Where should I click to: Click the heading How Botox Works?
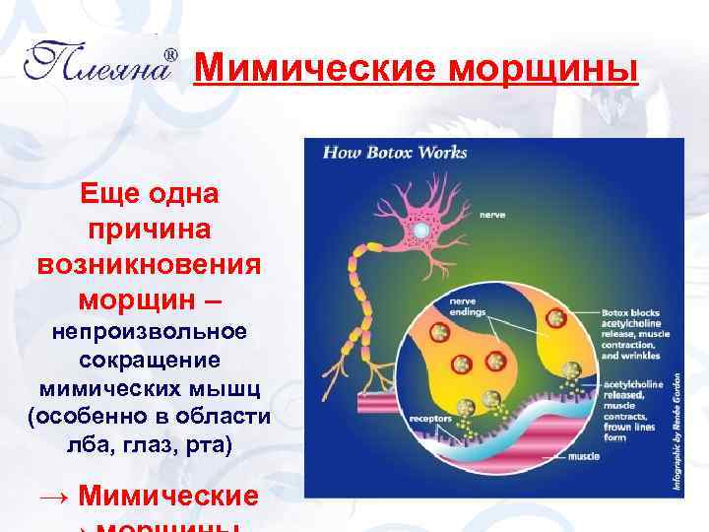[395, 153]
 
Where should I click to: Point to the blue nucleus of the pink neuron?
[420, 230]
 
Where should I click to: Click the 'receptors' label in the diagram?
[430, 418]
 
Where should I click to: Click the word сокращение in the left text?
[150, 361]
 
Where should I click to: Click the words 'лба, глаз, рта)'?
[150, 445]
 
